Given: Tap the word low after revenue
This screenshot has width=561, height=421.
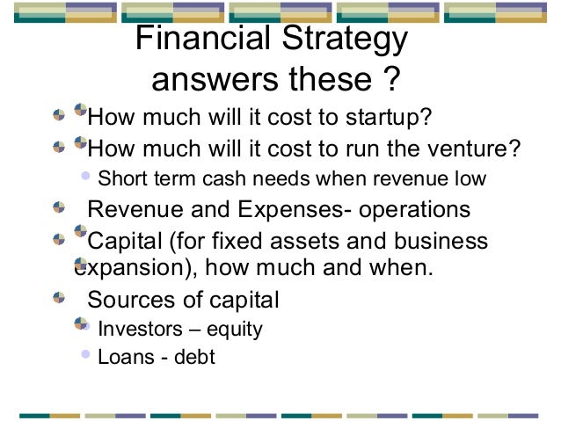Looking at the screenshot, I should pos(469,178).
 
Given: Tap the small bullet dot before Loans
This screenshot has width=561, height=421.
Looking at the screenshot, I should pos(85,356).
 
